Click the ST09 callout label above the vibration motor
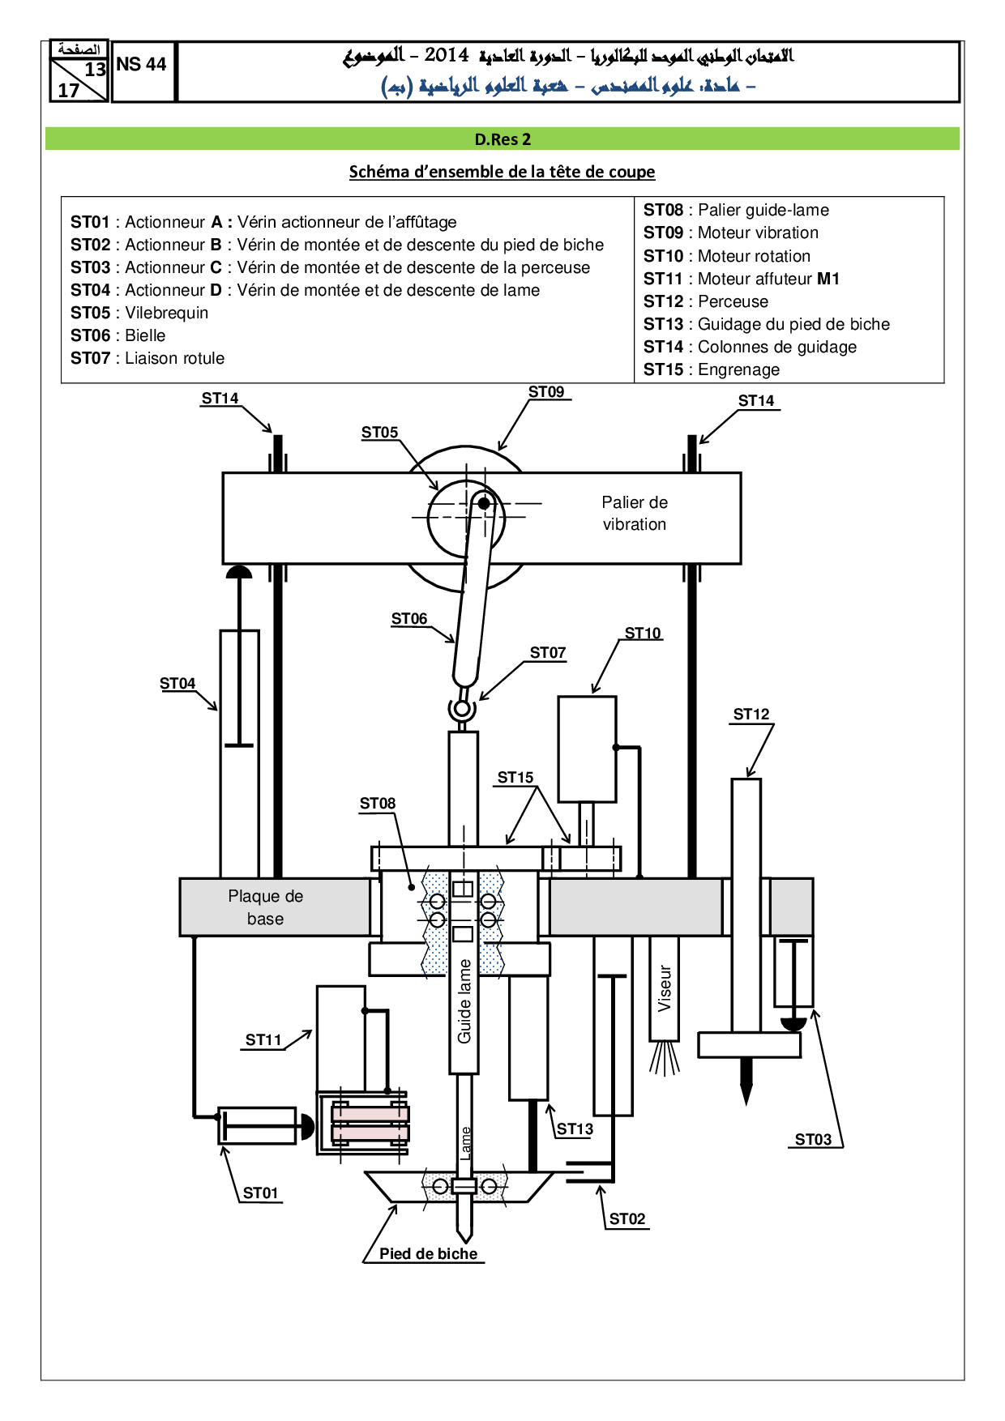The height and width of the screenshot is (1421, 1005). tap(546, 392)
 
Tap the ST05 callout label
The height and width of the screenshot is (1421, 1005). tap(379, 433)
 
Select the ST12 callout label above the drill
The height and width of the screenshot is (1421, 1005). tap(751, 715)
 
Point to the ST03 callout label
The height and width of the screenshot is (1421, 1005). tap(813, 1140)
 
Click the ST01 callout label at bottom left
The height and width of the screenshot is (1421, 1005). tap(260, 1193)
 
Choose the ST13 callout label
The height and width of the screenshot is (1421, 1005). tap(575, 1129)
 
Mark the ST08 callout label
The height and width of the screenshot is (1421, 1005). tap(378, 804)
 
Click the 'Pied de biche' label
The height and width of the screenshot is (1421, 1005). tap(428, 1254)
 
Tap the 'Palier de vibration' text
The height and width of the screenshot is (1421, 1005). tap(635, 514)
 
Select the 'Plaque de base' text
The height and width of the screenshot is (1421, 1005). tap(265, 907)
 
